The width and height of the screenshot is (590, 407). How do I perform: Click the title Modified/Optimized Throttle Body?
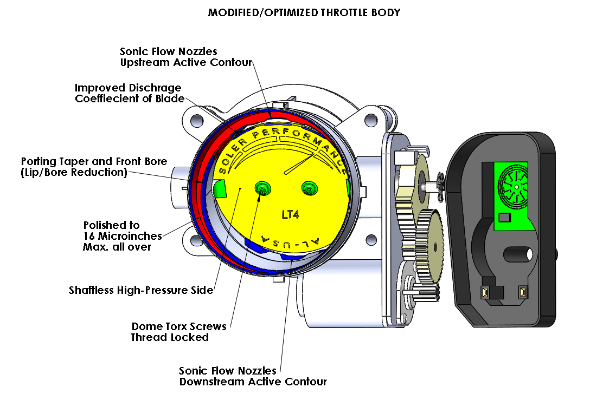point(304,12)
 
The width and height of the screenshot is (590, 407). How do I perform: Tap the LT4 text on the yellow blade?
point(291,214)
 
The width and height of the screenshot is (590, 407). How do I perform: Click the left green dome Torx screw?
point(263,188)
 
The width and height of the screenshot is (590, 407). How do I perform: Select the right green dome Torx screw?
point(309,188)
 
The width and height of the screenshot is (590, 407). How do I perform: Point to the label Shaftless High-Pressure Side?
point(141,290)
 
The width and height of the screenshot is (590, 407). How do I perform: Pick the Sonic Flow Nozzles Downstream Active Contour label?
point(253,376)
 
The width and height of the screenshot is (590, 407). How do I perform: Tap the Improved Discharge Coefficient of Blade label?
point(129,93)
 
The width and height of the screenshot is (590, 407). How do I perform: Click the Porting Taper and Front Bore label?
point(94,167)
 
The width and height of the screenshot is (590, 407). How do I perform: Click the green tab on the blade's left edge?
point(219,188)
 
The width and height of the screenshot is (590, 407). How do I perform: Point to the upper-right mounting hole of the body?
point(370,120)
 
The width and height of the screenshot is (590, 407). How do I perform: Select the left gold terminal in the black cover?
point(485,293)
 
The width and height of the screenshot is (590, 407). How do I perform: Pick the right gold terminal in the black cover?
point(522,293)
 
